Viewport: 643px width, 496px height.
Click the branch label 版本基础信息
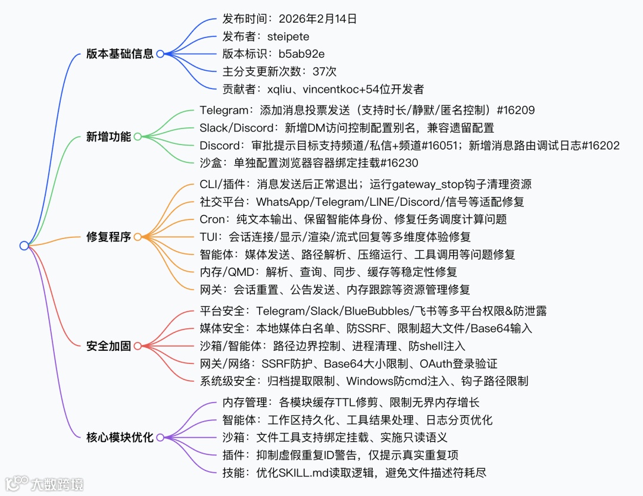[120, 54]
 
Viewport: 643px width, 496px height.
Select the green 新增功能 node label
[108, 137]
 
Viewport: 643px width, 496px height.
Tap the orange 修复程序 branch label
[108, 237]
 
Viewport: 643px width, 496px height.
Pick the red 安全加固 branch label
[108, 346]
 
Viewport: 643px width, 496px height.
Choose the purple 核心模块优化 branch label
[120, 438]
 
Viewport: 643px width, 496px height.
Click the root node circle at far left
[24, 246]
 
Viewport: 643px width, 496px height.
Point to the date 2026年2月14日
[317, 19]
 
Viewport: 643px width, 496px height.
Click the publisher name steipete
[288, 37]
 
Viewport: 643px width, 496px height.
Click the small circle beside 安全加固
[138, 346]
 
